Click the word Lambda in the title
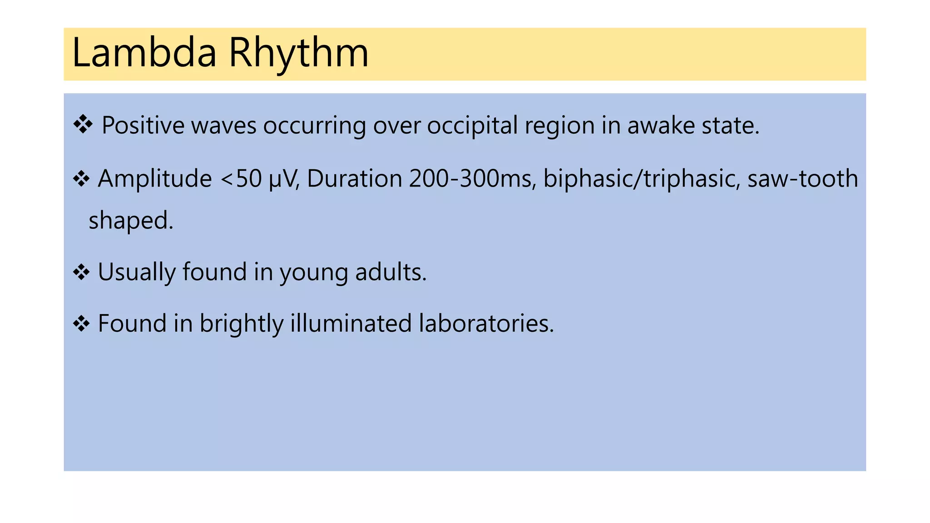click(x=144, y=53)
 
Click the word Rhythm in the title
click(x=298, y=53)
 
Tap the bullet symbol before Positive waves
click(x=83, y=124)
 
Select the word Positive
click(x=143, y=126)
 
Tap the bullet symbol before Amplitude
click(x=81, y=178)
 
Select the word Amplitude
click(x=155, y=178)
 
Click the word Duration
click(x=355, y=178)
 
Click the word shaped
click(x=131, y=221)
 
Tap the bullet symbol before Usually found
click(x=81, y=272)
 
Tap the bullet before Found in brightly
click(x=81, y=324)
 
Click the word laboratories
click(x=486, y=324)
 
